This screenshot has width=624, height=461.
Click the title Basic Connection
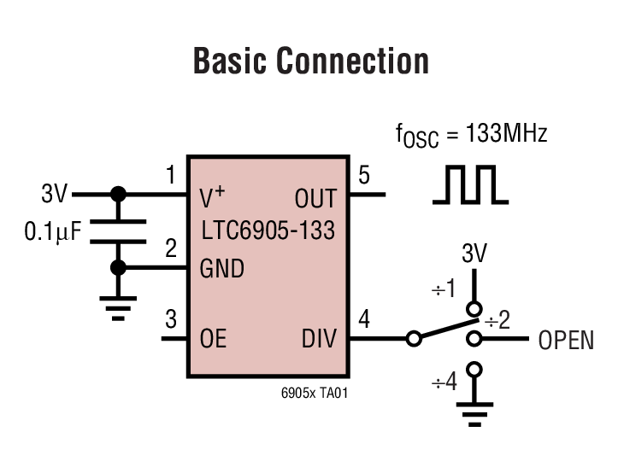coord(311,61)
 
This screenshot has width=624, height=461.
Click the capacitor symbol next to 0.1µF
coord(119,230)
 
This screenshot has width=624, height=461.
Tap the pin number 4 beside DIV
coord(364,320)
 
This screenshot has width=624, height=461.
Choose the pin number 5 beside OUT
coord(364,176)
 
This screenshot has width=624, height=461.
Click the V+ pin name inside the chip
coord(212,197)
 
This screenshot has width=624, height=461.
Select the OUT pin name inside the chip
coord(315,199)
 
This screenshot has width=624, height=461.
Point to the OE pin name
coord(213,339)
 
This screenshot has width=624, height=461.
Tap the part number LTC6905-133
coord(268,230)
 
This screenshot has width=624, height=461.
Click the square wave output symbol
coord(470,185)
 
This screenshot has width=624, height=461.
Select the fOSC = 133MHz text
coord(471,136)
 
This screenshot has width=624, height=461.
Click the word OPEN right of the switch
coord(566,341)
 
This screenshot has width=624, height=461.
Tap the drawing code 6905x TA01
coord(315,394)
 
